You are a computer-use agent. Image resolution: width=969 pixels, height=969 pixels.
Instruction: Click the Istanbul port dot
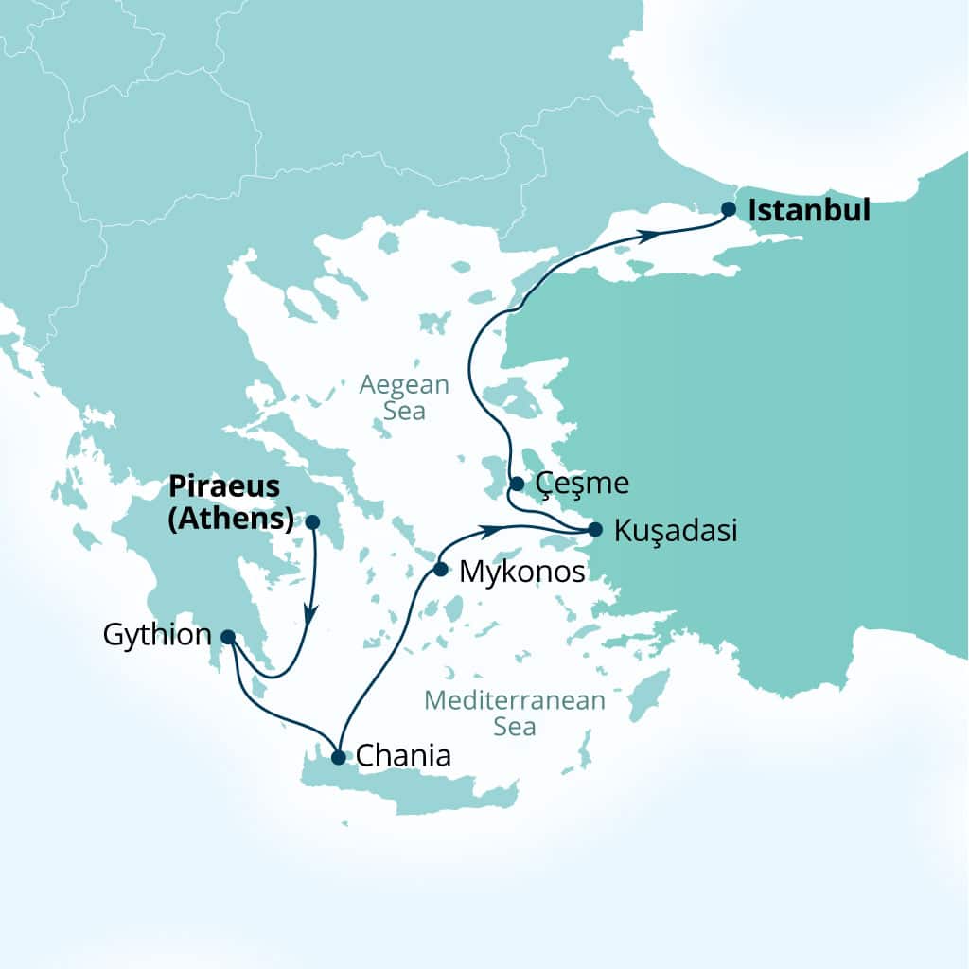point(729,209)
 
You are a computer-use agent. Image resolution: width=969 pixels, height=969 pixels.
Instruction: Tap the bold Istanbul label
point(809,210)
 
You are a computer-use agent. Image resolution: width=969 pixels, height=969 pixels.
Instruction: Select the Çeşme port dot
point(517,484)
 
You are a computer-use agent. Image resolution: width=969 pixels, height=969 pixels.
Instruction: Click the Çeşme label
point(582,484)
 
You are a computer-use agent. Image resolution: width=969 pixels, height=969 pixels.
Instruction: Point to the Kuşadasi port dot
point(595,529)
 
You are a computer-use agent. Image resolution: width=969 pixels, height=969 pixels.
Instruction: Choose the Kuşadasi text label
point(675,531)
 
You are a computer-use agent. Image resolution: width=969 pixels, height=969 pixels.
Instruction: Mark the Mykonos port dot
point(440,570)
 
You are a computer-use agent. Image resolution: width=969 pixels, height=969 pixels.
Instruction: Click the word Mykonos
point(520,572)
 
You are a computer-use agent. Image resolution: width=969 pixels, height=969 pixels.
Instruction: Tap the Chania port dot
point(339,756)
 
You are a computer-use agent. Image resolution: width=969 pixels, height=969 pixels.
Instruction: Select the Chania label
point(403,757)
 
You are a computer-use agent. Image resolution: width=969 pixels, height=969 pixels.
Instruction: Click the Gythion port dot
point(228,637)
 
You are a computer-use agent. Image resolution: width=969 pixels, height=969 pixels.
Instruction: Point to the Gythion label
point(157,635)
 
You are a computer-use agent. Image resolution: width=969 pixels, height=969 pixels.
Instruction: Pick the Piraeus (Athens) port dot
point(312,521)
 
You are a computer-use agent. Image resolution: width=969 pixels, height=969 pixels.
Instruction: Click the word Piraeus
point(224,486)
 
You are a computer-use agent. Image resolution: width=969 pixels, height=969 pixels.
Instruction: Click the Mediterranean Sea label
point(514,714)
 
